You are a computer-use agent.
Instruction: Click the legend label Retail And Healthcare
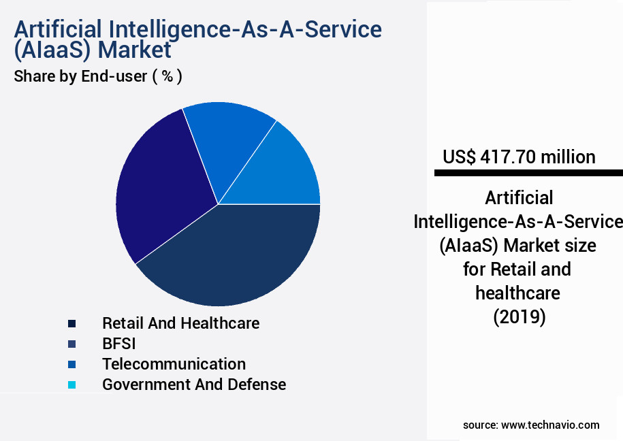[x=180, y=323]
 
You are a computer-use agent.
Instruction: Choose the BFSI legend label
[x=119, y=343]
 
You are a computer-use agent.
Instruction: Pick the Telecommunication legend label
[x=174, y=363]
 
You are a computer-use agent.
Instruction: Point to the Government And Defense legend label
[x=194, y=384]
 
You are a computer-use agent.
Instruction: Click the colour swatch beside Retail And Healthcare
[x=71, y=323]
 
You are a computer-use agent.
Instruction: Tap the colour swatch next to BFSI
[x=71, y=344]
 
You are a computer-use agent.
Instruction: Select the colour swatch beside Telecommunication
[x=71, y=364]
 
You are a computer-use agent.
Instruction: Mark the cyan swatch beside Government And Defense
[x=71, y=385]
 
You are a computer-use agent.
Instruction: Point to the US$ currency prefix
[x=459, y=157]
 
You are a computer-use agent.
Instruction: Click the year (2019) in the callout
[x=519, y=317]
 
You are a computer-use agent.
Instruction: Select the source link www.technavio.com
[x=550, y=425]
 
